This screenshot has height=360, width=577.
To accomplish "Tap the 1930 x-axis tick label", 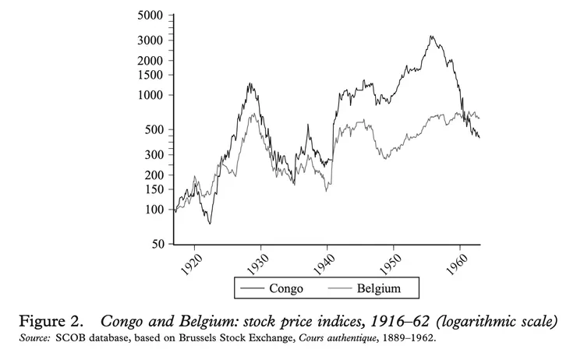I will pyautogui.click(x=260, y=263).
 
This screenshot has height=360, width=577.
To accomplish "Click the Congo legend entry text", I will pyautogui.click(x=286, y=289).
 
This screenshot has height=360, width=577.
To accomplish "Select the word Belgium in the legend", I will pyautogui.click(x=379, y=289).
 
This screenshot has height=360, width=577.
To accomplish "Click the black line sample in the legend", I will pyautogui.click(x=250, y=289).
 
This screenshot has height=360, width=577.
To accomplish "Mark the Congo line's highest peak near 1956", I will pyautogui.click(x=431, y=36).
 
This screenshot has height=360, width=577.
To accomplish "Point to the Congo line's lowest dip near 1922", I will pyautogui.click(x=209, y=224).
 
